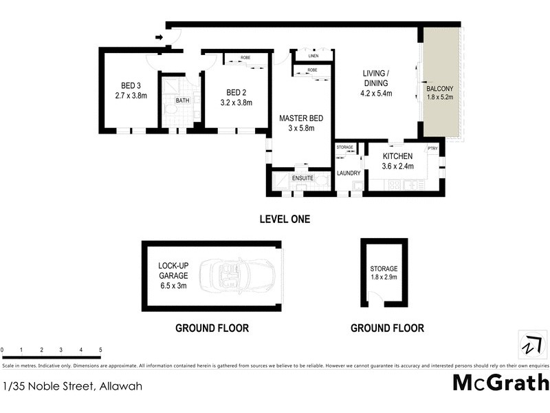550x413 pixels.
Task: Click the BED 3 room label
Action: point(131,86)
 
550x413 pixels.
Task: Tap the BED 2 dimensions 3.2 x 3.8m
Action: point(236,103)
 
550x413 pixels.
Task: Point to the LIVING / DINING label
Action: point(377,78)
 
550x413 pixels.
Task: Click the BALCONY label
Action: point(440,89)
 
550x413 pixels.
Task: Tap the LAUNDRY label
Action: point(349,173)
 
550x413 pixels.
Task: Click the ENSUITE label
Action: point(303,178)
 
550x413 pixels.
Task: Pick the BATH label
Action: point(181,100)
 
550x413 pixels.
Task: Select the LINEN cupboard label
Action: point(313,56)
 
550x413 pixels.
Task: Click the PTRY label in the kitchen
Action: point(432,148)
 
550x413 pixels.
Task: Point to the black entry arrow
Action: point(159,38)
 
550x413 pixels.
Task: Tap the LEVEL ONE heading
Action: point(285,220)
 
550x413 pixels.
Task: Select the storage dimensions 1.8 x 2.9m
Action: point(384,278)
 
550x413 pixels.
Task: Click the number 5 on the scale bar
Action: point(100,350)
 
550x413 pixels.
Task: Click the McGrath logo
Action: point(500,381)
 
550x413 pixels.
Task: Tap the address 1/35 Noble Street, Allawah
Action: point(72,386)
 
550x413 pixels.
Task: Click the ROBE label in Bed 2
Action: point(245,58)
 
